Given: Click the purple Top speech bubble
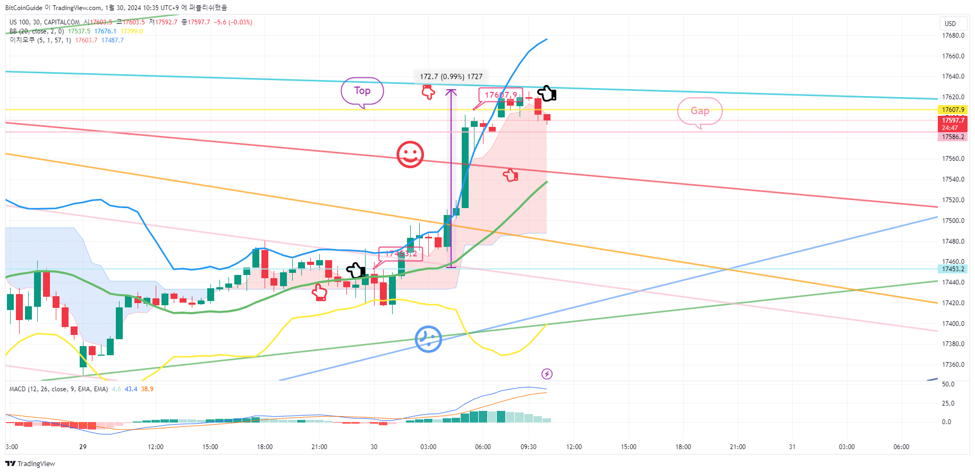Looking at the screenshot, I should coord(362,91).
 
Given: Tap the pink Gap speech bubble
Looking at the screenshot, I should coord(700,111).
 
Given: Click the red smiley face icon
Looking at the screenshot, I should coord(410,154).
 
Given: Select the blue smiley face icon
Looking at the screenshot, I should coord(428,339).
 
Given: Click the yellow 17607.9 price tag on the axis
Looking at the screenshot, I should coord(953,110).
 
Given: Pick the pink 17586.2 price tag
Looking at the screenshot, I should coord(953,137).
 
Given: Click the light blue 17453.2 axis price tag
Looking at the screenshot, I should coord(953,269).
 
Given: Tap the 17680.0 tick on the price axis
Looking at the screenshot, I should coord(953,36).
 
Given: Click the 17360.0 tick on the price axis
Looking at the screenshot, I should coord(953,365).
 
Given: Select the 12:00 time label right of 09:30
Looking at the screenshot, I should coord(574,447).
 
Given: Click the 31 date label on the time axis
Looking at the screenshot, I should coord(792,447).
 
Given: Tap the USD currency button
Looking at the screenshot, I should coord(950,23).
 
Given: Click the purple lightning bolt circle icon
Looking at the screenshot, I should coord(547,374).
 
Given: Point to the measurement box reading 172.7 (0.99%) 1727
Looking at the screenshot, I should coord(451,76).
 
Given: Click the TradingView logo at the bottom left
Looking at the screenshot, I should coord(30,463).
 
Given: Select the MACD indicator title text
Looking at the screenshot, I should coord(58,389).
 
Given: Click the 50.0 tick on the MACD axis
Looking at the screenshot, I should coord(948,384).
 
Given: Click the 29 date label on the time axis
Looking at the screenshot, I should coord(83,447).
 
